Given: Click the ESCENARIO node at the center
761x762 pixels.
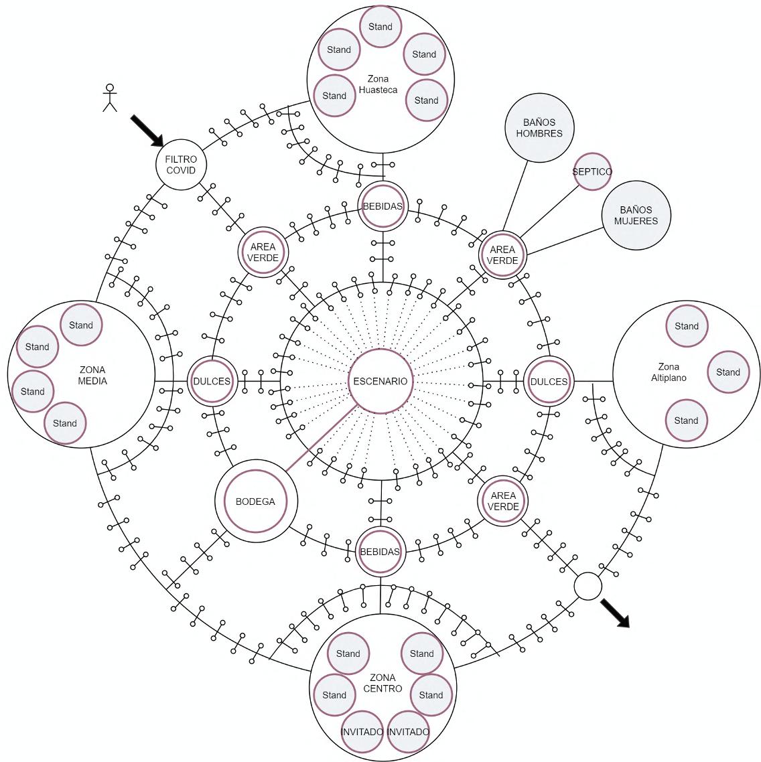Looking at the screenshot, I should click(380, 381).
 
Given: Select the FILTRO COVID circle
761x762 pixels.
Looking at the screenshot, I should click(181, 165).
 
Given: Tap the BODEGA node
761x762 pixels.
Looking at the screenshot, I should click(255, 502).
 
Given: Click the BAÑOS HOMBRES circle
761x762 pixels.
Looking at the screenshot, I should click(539, 128).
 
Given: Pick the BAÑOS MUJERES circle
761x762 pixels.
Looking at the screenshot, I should click(636, 215).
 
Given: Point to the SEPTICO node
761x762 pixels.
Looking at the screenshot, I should click(592, 171).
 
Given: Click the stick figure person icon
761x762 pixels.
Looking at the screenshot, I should click(109, 98).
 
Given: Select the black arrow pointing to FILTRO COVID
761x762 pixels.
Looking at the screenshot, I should click(147, 130).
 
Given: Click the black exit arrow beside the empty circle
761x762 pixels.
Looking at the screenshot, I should click(615, 613).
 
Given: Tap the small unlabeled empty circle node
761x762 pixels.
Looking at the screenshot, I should click(588, 587).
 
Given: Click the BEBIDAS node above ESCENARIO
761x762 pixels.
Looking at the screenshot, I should click(383, 206).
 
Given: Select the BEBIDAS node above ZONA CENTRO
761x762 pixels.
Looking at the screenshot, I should click(380, 552).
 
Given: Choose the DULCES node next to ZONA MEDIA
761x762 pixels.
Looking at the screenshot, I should click(212, 381).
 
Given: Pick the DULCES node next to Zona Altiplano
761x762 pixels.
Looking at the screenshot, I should click(549, 381).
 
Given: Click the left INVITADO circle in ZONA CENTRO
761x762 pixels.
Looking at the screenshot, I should click(362, 731).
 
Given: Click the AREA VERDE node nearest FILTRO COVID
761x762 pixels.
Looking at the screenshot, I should click(263, 252).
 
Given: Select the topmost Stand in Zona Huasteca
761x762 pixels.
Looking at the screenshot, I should click(380, 27).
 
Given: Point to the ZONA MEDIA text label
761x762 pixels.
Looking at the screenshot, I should click(92, 375).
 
